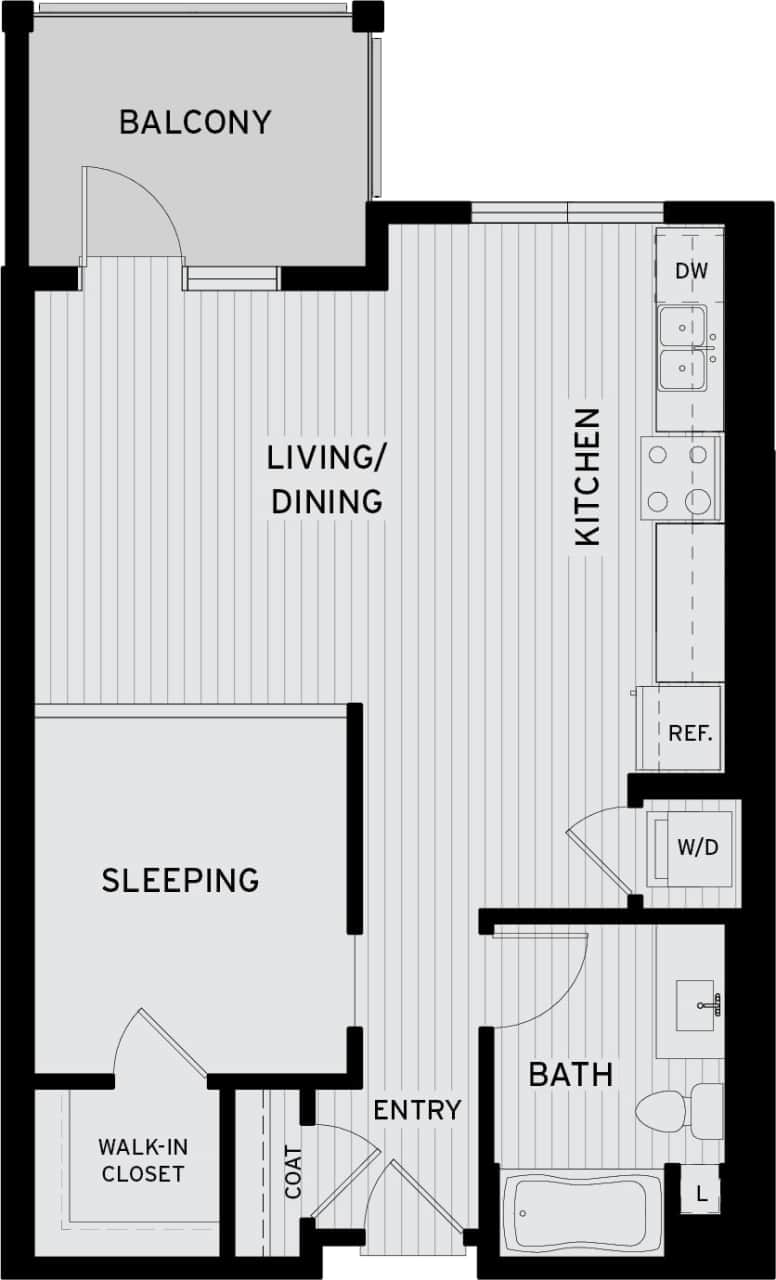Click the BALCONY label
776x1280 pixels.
tap(195, 122)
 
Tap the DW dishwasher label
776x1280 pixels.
tap(690, 270)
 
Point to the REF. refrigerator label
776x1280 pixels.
tap(690, 733)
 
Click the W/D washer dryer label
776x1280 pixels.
tap(698, 849)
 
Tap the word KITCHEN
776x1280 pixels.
tap(588, 476)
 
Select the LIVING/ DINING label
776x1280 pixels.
tap(326, 479)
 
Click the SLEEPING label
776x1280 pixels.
tap(180, 880)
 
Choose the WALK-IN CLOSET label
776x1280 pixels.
tap(141, 1160)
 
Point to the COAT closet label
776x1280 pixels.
tap(293, 1172)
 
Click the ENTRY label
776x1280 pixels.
tap(417, 1109)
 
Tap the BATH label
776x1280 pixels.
tap(570, 1075)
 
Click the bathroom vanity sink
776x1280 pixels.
tap(696, 1005)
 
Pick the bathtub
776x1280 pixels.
tap(580, 1212)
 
